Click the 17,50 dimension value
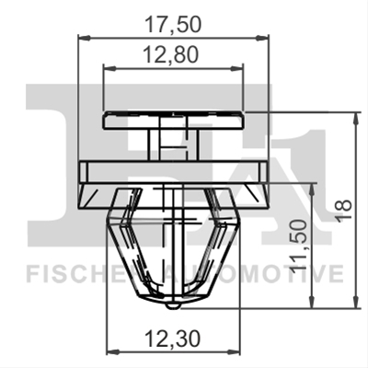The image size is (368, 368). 173,25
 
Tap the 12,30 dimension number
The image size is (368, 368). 172,339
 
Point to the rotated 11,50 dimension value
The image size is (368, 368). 299,244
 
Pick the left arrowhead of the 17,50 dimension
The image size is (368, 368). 85,38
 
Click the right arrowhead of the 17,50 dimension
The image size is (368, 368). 262,38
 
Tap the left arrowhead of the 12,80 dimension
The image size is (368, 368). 110,68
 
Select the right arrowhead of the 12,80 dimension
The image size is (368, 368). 236,68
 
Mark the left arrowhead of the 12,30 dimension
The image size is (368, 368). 112,350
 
